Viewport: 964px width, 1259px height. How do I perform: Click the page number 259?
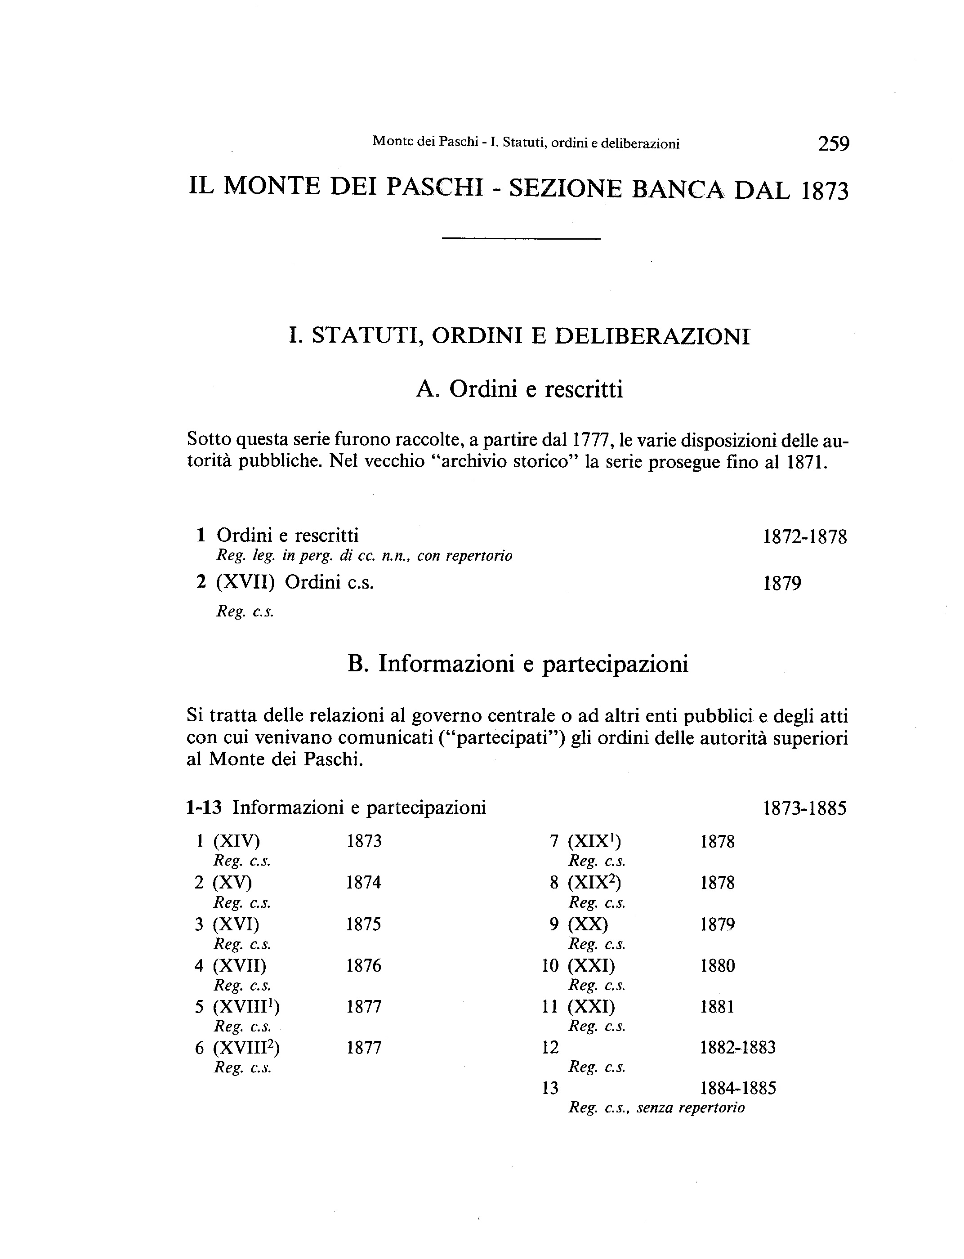tap(833, 143)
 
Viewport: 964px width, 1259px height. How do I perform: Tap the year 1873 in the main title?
tap(824, 190)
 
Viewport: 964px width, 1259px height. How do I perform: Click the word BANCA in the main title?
tap(677, 189)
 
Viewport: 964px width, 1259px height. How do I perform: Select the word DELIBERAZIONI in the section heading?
tap(652, 336)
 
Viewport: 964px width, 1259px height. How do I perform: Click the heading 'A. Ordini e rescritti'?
tap(519, 390)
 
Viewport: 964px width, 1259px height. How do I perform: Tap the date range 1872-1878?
tap(804, 537)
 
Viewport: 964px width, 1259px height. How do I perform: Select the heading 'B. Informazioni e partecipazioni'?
tap(518, 664)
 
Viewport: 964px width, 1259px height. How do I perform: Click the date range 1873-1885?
tap(804, 808)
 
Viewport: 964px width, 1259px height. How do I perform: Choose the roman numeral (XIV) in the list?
tap(237, 841)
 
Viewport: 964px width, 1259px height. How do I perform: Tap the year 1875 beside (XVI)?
tap(364, 924)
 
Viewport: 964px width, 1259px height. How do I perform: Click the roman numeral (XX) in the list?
tap(588, 924)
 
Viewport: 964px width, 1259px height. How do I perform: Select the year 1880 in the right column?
tap(717, 966)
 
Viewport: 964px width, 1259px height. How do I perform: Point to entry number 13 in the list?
tap(550, 1089)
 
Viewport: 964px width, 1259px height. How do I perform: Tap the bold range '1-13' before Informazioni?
tap(204, 808)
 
